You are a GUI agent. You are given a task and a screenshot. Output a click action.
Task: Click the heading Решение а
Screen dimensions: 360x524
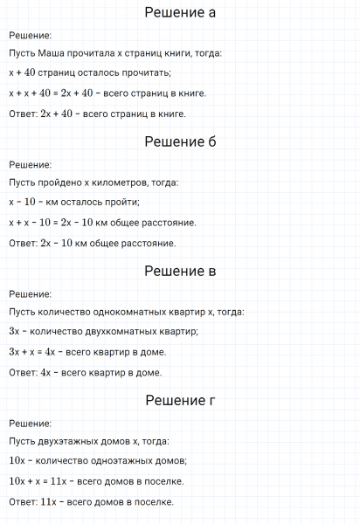click(180, 13)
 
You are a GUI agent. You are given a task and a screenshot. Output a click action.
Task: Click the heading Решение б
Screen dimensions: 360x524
click(180, 142)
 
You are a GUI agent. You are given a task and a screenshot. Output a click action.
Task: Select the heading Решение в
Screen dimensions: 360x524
click(180, 272)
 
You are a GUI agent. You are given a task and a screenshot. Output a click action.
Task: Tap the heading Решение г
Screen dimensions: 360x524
click(180, 401)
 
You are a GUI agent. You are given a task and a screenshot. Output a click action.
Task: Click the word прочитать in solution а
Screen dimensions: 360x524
click(144, 72)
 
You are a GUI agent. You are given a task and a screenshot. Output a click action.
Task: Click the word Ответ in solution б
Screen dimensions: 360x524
click(22, 243)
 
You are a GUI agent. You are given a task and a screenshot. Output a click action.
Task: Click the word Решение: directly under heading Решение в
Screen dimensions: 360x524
click(30, 294)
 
